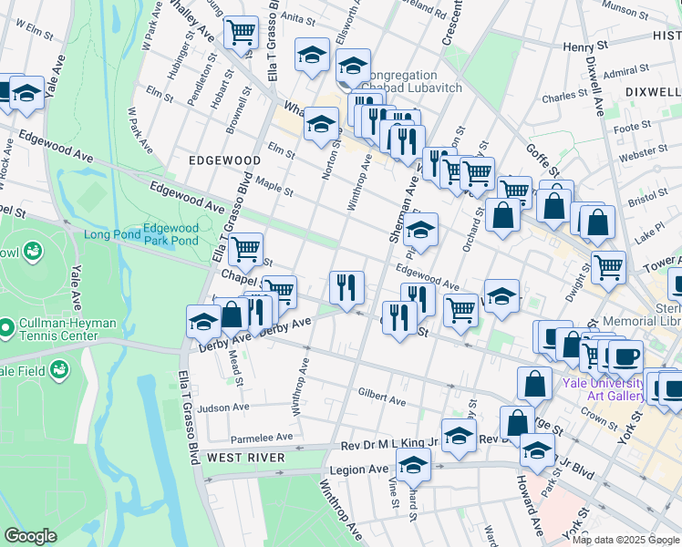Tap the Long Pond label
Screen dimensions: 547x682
(112, 234)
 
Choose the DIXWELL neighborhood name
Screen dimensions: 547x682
(653, 92)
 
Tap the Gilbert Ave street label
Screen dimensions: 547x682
(382, 398)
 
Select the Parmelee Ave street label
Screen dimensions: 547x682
(262, 437)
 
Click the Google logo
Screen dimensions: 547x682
(30, 536)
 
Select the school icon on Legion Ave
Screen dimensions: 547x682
(414, 466)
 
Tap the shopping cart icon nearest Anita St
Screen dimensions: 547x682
(242, 33)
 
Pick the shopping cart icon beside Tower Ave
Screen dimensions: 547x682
(608, 267)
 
